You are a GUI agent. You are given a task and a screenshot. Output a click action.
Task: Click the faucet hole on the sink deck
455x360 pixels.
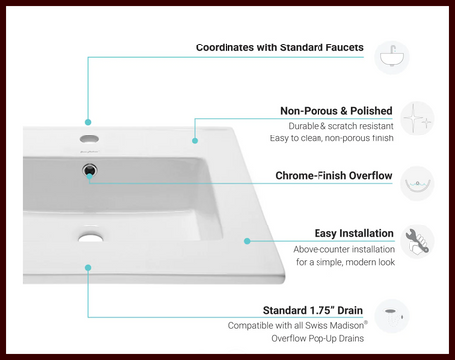point(89,139)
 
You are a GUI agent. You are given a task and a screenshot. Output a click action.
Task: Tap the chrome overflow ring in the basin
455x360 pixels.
point(89,170)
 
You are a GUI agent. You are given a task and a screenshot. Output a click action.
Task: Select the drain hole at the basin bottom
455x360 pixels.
point(91,237)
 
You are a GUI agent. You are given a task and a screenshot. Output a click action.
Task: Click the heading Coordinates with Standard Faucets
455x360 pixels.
point(280,47)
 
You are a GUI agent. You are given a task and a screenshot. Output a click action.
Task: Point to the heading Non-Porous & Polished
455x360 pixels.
point(336,111)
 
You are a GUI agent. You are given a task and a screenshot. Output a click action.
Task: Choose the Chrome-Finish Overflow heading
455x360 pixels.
point(333,175)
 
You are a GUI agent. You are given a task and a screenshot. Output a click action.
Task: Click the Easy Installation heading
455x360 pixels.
point(353,233)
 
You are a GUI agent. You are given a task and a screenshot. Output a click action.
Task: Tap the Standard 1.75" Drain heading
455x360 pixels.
point(313,310)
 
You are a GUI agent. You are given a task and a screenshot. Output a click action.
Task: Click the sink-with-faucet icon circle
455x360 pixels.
point(392,57)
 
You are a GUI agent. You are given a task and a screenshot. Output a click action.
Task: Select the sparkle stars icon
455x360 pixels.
point(417,118)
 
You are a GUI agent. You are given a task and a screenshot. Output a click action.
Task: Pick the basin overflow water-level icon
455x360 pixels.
point(417,183)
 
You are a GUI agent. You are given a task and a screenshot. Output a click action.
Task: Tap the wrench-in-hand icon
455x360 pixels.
point(417,241)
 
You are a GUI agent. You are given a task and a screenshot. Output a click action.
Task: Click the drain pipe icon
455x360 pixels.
point(392,316)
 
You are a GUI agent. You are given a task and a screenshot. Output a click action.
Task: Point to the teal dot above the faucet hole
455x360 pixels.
point(88,122)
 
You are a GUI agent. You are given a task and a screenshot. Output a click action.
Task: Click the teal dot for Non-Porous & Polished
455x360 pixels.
point(195,141)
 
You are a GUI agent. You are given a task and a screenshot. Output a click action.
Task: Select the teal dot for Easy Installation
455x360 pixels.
point(247,241)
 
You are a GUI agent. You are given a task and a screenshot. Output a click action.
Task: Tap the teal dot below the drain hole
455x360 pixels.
point(88,268)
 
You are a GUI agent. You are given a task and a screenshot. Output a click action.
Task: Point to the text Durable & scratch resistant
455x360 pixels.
point(340,126)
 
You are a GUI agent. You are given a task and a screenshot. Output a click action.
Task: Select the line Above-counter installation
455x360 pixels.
point(343,249)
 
